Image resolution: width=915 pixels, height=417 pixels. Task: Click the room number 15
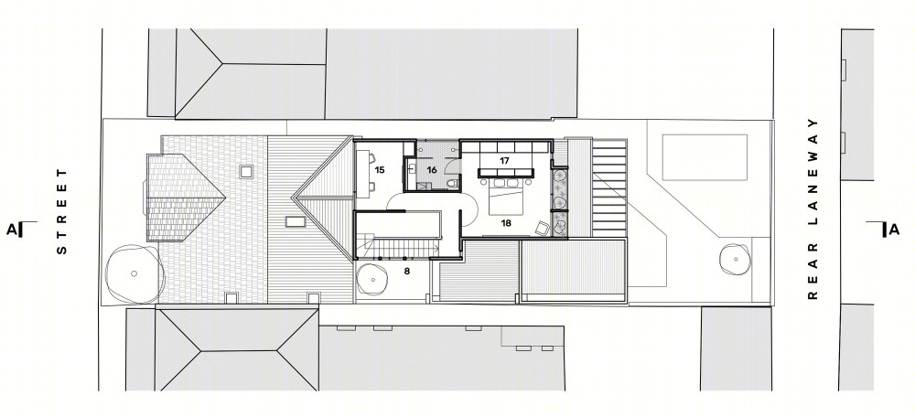tap(380, 170)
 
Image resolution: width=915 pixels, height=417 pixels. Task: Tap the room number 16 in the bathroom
tap(432, 170)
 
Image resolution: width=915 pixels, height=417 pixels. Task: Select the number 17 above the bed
tap(505, 160)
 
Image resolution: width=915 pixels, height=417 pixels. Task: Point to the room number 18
tap(505, 222)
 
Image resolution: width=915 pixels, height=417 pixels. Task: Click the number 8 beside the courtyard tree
tap(407, 271)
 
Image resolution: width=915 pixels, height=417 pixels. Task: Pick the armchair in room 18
tap(542, 228)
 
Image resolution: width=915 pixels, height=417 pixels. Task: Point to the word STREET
tap(62, 211)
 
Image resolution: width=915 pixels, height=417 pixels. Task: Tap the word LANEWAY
tap(813, 186)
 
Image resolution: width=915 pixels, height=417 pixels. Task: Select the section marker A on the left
tap(11, 230)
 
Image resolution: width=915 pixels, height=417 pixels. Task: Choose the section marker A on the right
tap(894, 230)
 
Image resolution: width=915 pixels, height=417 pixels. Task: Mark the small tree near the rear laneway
tap(734, 259)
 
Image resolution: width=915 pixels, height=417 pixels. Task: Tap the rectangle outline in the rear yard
tap(705, 157)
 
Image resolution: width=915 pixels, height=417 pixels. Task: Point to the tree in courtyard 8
tap(374, 279)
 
